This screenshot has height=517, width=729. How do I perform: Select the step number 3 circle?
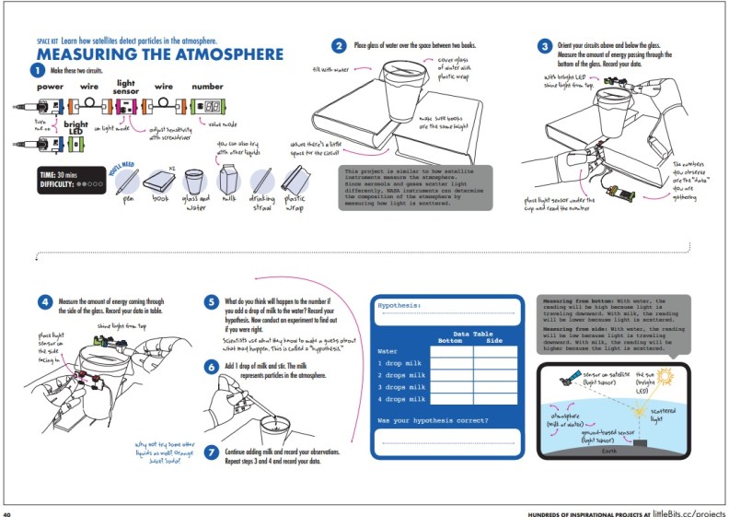click(x=546, y=46)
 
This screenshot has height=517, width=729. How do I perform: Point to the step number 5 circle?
click(x=211, y=301)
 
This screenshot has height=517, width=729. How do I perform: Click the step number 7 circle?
click(x=211, y=452)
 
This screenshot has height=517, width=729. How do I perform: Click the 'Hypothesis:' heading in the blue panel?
click(x=399, y=304)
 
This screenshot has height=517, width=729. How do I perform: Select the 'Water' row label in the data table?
click(x=388, y=351)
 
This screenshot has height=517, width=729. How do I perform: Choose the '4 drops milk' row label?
click(x=401, y=399)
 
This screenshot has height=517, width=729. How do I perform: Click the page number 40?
click(x=7, y=511)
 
